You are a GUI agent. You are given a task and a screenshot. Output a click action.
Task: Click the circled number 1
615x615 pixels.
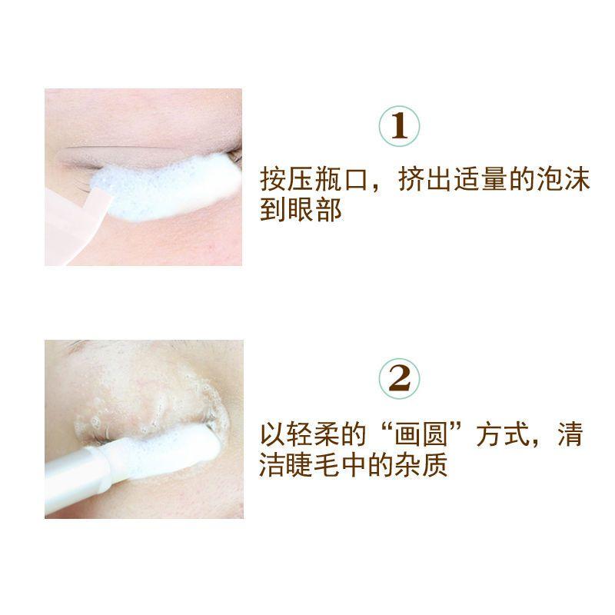[399, 126]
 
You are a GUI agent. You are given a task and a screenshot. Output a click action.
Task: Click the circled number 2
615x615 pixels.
[399, 378]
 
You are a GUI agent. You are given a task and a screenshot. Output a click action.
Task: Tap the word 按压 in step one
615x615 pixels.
[287, 181]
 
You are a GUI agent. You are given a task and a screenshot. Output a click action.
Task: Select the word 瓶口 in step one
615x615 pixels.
[341, 181]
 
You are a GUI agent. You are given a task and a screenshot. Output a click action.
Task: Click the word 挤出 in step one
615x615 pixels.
[426, 181]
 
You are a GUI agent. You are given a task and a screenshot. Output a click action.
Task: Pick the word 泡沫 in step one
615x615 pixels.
[563, 181]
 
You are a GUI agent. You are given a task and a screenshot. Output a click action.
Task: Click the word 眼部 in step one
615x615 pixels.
[315, 209]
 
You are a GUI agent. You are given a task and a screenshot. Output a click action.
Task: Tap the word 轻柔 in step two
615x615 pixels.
[314, 434]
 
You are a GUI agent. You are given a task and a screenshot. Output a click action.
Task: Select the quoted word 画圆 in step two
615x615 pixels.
[421, 434]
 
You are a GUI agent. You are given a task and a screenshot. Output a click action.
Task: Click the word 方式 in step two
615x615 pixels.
[504, 434]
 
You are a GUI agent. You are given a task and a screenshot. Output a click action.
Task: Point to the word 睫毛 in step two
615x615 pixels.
[314, 465]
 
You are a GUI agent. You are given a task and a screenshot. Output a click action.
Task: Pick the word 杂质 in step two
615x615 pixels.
[421, 465]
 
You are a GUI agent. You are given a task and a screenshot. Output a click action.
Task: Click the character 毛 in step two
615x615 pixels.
[327, 465]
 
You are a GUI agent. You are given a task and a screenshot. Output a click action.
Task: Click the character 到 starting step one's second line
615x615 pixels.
[274, 209]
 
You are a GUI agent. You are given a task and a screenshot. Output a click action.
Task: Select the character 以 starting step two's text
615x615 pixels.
[274, 434]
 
